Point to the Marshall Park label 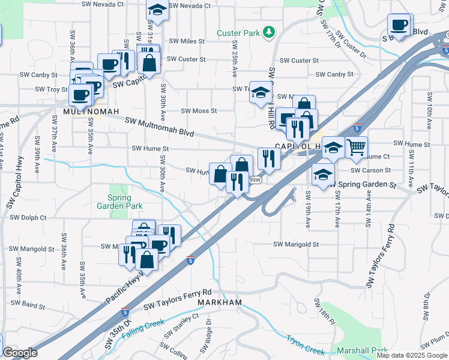click(371, 351)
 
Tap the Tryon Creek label click(306, 349)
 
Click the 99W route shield click(255, 180)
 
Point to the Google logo click(20, 353)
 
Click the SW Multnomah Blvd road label click(160, 128)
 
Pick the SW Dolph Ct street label click(28, 218)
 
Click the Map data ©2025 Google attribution click(412, 355)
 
